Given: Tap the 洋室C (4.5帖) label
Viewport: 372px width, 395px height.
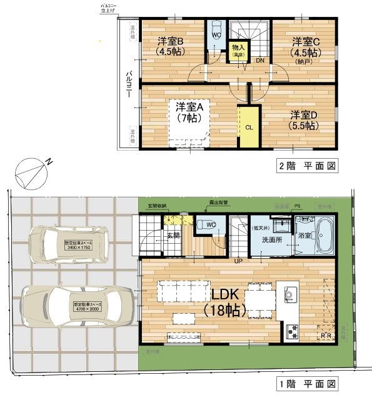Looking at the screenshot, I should point(306,47).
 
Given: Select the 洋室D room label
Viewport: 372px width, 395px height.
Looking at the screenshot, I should point(304,120).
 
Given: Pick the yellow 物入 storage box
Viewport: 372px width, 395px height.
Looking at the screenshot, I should point(238,51).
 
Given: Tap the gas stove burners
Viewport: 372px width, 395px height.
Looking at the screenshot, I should point(292,331).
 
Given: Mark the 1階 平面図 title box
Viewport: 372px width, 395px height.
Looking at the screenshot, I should point(307,382).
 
